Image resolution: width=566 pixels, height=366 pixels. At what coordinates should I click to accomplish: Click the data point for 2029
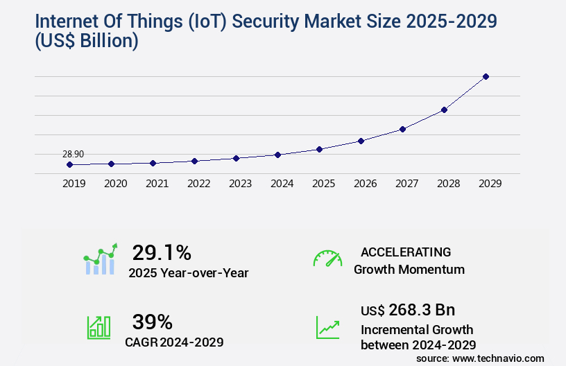pos(486,76)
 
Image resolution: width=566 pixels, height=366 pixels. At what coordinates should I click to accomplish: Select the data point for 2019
pos(69,164)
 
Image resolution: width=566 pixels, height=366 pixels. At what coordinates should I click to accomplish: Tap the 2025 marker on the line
pos(319,149)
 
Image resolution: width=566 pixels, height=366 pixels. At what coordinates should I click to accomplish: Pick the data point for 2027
pos(402,129)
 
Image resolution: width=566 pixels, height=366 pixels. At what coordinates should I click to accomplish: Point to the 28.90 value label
pos(74,154)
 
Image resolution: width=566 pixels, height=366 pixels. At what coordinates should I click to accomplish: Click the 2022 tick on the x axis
pos(198,184)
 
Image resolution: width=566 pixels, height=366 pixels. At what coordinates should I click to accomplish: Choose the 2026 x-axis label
pos(365,184)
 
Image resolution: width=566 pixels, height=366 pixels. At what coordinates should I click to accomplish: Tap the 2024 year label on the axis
pos(282,184)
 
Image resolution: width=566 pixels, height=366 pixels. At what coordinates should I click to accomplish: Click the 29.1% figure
pos(162,252)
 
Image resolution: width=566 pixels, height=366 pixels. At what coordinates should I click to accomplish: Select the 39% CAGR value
pos(152,322)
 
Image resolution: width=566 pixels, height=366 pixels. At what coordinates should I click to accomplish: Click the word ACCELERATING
pos(406,252)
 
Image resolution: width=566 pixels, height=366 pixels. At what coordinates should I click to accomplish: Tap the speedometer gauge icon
pos(327,258)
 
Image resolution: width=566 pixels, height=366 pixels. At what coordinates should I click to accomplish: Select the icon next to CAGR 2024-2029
pos(98,326)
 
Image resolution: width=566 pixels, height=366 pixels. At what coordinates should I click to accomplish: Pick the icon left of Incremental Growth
pos(327,326)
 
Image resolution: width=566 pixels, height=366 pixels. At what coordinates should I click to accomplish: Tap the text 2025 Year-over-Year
pos(188,272)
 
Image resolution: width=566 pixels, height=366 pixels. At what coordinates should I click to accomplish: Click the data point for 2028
pos(444,110)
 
